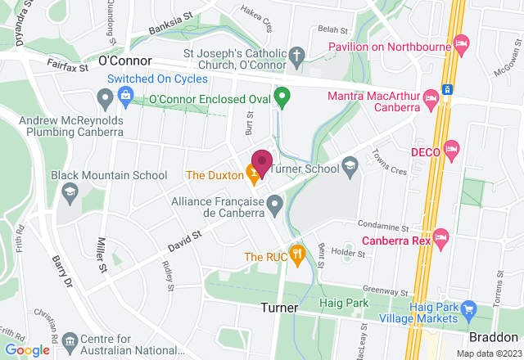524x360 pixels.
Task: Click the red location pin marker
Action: [x=262, y=163]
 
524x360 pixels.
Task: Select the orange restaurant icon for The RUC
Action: [x=296, y=254]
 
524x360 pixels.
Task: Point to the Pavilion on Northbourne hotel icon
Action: [x=461, y=41]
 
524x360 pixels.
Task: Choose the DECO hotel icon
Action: [x=452, y=150]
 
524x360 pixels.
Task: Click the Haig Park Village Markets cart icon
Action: [x=468, y=309]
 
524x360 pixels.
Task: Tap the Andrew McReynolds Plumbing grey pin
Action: [x=104, y=101]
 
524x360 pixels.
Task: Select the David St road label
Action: [x=184, y=241]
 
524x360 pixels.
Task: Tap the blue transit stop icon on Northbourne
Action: [x=447, y=89]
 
